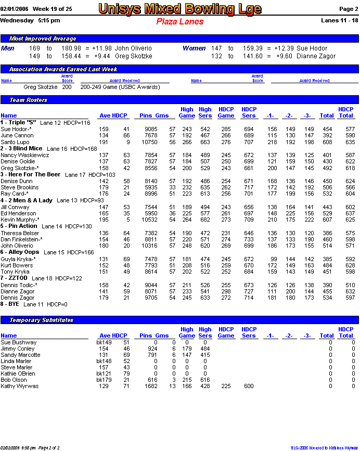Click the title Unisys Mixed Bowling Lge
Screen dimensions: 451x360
[x=180, y=9]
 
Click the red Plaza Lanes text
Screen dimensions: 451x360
[x=179, y=21]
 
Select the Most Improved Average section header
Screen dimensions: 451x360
[x=43, y=38]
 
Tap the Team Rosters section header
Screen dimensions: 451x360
[x=29, y=100]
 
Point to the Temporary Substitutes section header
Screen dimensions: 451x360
[x=42, y=320]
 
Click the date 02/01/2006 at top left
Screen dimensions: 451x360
[x=15, y=9]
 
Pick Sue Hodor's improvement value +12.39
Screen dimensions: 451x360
[x=282, y=48]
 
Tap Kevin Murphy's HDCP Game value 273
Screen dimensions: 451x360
[x=226, y=220]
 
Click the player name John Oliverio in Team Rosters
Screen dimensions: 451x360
[x=18, y=246]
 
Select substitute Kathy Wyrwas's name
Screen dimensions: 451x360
[x=19, y=386]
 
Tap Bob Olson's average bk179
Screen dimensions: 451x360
[x=104, y=380]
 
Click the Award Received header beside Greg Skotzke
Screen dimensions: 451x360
[x=124, y=81]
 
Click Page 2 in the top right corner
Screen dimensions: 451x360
[x=348, y=9]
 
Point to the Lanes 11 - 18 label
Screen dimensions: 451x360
[x=340, y=21]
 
